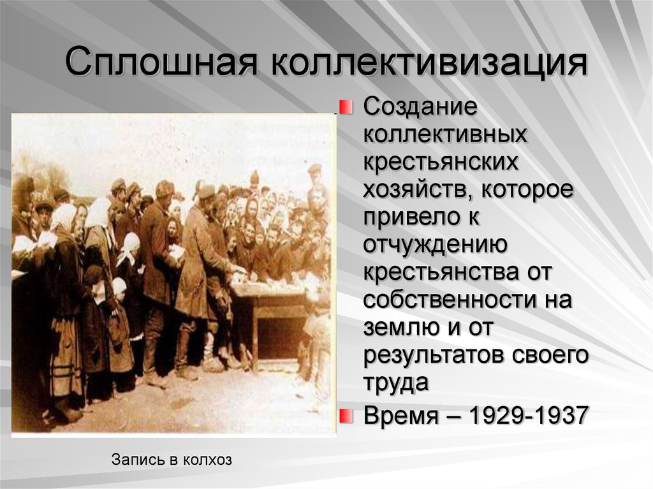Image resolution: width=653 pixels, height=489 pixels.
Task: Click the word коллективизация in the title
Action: pos(429,63)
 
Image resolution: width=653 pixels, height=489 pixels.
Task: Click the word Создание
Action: pos(420,107)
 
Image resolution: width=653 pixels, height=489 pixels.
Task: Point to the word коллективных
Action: pos(445,134)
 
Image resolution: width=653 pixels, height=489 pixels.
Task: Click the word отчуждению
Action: pos(435,245)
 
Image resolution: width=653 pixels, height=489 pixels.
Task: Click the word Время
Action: pos(401,415)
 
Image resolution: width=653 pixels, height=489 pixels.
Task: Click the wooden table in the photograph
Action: pos(270,321)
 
